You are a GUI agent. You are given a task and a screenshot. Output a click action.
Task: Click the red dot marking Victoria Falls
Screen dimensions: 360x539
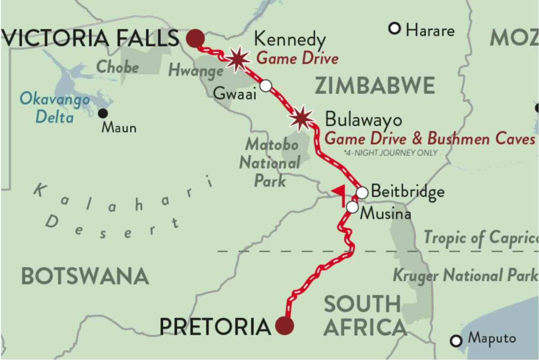coord(195,38)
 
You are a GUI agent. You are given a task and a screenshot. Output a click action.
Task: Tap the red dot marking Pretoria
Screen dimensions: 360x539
coord(285,326)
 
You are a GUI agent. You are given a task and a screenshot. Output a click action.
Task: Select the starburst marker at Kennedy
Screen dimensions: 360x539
coord(238,59)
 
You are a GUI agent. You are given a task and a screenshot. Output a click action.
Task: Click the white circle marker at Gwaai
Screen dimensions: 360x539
coord(266,85)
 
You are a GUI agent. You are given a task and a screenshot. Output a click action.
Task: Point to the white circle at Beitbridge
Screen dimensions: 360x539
coord(362,193)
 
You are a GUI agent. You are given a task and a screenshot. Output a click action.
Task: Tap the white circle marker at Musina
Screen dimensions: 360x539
coord(352,207)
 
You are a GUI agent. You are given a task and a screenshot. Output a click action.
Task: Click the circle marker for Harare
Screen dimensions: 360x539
coord(395,28)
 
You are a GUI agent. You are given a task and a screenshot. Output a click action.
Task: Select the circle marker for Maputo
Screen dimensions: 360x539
coord(456,341)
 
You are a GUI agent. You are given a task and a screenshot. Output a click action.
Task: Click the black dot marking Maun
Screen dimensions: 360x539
coord(103,113)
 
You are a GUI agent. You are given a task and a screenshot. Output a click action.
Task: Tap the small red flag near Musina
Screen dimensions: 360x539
coord(339,193)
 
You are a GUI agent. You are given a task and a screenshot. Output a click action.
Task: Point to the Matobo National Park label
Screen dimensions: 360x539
coord(271,163)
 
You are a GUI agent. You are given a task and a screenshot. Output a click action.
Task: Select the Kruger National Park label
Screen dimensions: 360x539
coord(465,275)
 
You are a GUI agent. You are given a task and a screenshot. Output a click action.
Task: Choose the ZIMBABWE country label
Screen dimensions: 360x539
coord(375,85)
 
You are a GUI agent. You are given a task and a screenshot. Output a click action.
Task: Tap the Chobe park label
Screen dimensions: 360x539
coord(118,67)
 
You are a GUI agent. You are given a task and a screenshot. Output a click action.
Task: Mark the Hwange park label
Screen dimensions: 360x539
coord(196,71)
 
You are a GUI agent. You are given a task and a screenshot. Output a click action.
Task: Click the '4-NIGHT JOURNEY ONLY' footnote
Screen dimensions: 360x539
coord(390,153)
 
